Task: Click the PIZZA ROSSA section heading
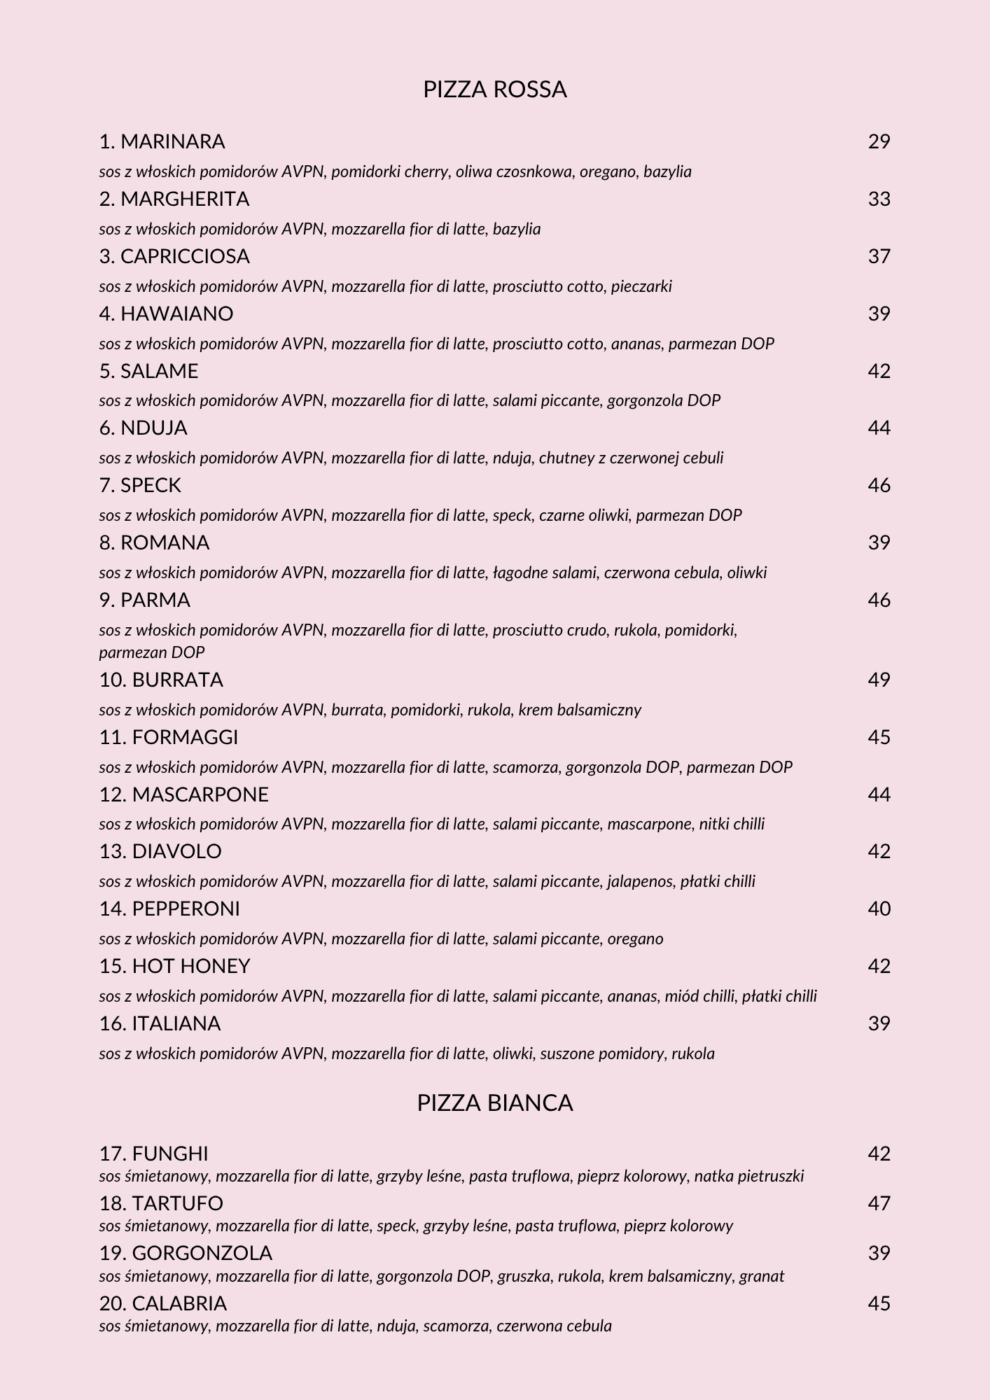494,90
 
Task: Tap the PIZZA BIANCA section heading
494,1102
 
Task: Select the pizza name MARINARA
172,141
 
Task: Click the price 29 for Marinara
879,141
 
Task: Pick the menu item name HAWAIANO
176,314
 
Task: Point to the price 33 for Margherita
879,199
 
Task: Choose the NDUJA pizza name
153,428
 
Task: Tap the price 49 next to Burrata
879,680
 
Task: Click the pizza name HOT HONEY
190,966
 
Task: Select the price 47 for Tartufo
879,1203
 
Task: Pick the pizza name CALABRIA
179,1303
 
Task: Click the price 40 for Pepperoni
879,909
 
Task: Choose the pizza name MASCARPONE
200,794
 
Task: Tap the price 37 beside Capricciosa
879,256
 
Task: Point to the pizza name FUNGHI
170,1154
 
